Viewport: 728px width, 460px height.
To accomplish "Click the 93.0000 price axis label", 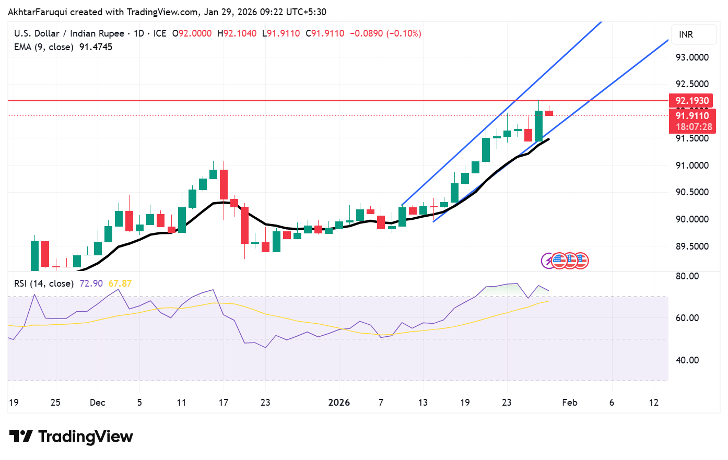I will tap(692, 57).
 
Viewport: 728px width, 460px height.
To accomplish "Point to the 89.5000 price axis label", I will tap(692, 246).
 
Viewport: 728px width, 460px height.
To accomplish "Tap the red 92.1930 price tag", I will tap(692, 101).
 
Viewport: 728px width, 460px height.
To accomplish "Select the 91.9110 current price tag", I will tap(692, 116).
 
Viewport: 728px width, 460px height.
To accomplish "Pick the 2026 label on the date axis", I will tap(339, 403).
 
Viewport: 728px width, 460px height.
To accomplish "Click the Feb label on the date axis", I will tap(570, 403).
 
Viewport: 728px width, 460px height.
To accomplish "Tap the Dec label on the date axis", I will tap(98, 403).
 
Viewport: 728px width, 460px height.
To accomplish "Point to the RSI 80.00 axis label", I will tap(687, 276).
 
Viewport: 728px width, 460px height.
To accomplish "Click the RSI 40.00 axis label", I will tap(687, 360).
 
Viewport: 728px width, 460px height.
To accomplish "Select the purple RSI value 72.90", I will tap(91, 284).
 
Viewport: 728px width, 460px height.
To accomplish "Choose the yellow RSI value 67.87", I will tap(120, 284).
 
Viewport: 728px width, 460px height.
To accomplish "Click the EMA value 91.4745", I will tap(96, 47).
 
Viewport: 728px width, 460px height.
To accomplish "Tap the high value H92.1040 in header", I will tap(237, 33).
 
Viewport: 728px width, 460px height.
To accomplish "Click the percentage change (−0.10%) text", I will tap(403, 33).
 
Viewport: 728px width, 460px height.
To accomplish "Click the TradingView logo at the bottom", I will tap(72, 437).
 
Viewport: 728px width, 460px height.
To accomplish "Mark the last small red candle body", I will tap(549, 113).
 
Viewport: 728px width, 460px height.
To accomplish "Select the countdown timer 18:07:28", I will tap(694, 127).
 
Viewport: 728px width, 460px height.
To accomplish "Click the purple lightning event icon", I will tap(547, 261).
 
